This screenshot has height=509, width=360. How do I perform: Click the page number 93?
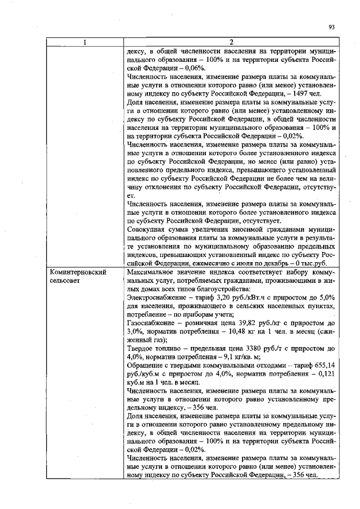point(331,26)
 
